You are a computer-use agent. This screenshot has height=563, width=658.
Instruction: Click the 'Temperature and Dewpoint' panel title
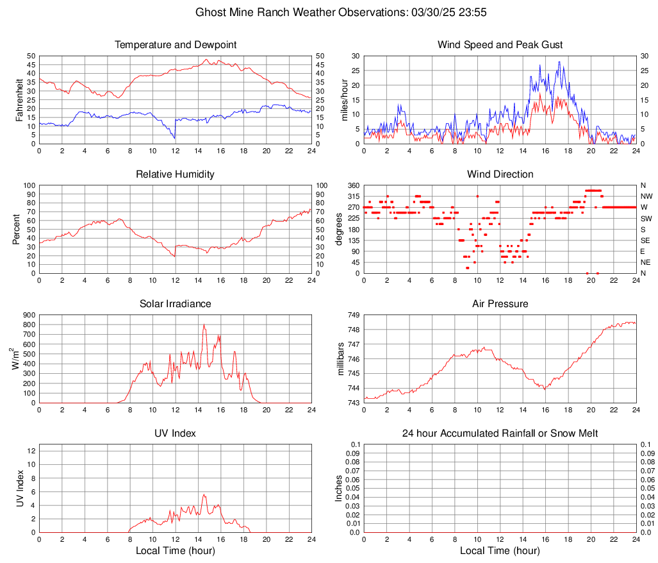pos(175,45)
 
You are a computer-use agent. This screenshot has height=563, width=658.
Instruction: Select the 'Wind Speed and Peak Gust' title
pos(500,45)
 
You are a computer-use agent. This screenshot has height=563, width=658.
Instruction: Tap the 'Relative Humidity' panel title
pos(175,174)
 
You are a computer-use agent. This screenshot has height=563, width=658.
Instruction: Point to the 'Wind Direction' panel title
pos(500,174)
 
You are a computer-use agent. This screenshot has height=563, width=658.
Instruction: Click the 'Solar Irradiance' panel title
pos(175,304)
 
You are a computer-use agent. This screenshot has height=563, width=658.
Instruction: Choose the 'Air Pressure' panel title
pos(500,304)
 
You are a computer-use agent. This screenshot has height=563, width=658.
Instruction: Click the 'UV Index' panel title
pos(175,433)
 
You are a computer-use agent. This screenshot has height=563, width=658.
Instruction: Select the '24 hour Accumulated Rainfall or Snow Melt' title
pos(500,433)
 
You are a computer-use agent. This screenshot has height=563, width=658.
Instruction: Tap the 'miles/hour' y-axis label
pos(344,99)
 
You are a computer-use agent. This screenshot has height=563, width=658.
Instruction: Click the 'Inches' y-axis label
pos(340,488)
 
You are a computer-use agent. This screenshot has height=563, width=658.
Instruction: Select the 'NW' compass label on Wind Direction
pos(646,196)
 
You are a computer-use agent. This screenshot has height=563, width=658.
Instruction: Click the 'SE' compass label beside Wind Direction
pos(645,240)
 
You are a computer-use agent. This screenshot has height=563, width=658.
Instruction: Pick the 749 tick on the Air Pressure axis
pos(354,315)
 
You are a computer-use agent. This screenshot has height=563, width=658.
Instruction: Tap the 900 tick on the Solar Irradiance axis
pos(28,315)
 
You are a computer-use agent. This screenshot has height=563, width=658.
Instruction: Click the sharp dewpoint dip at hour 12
pos(174,138)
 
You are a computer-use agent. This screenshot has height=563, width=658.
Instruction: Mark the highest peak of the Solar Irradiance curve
pos(204,324)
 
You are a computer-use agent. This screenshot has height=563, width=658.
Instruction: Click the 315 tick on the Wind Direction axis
pos(352,196)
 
